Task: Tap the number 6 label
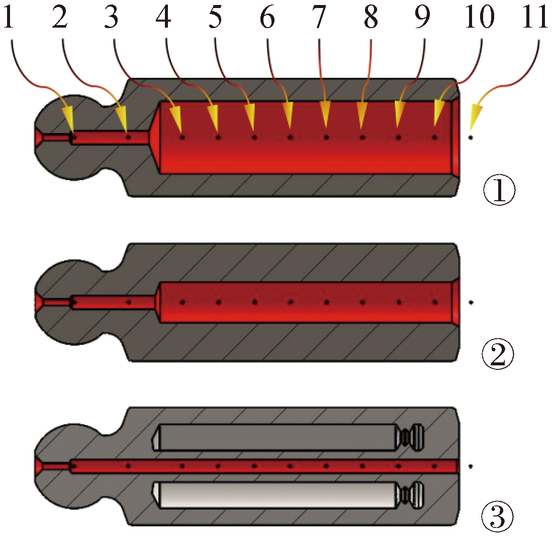click(x=267, y=19)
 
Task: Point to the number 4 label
click(x=164, y=19)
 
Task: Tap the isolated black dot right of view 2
click(x=471, y=302)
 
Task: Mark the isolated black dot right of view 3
click(x=471, y=466)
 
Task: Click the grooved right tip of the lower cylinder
click(x=413, y=495)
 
